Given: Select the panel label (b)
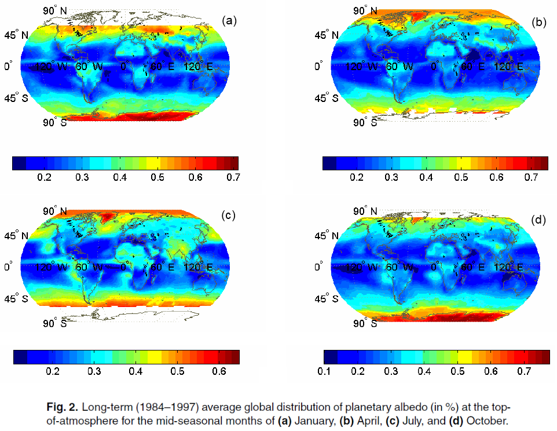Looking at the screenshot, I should tap(539, 23).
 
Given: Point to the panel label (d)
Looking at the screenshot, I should tap(539, 220).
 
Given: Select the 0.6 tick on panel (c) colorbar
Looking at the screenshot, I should tap(217, 371).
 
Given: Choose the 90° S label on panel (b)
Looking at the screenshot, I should tap(365, 122).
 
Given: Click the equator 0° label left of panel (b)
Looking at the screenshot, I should tap(318, 67).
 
